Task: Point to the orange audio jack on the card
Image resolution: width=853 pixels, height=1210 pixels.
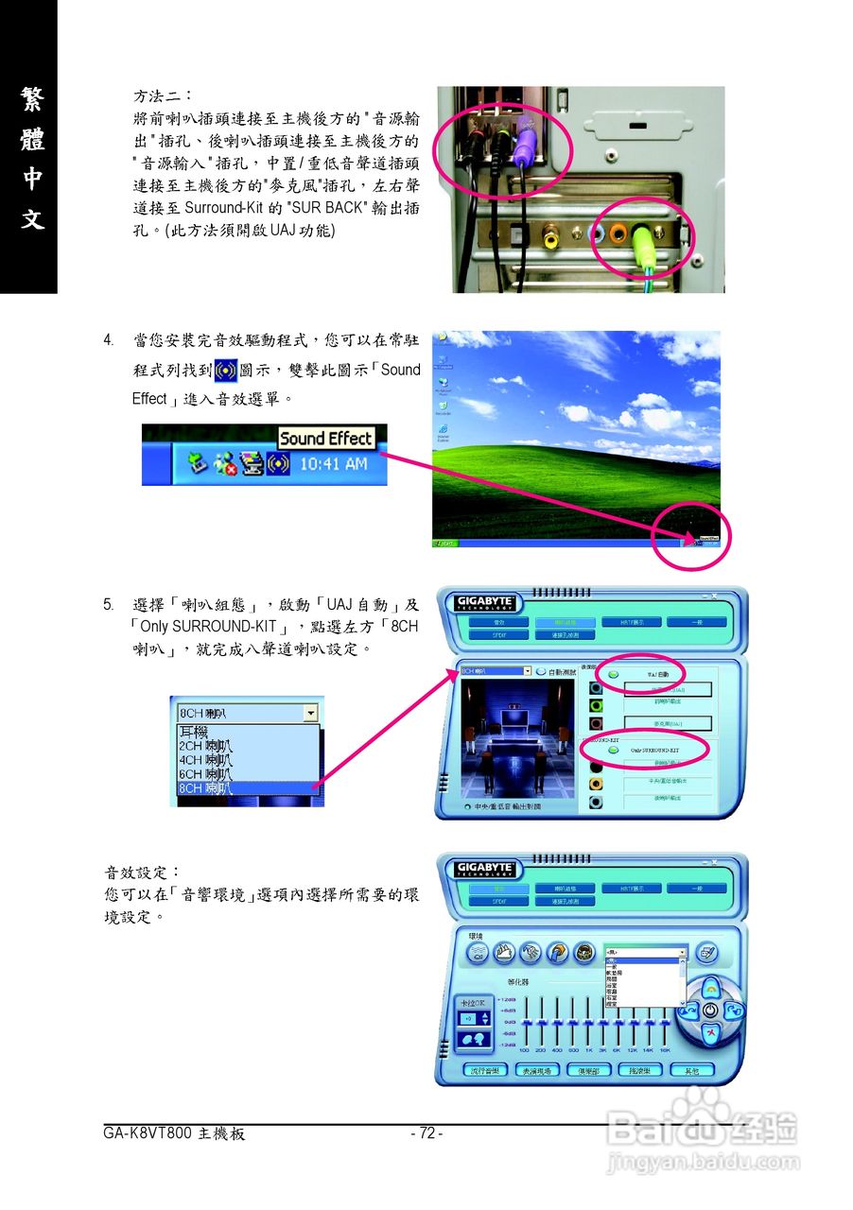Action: coord(618,234)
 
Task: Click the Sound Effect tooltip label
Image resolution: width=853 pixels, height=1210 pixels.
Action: coord(325,439)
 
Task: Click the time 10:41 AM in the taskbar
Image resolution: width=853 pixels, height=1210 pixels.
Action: coord(333,464)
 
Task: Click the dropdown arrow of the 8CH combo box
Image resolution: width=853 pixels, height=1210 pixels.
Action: coord(310,714)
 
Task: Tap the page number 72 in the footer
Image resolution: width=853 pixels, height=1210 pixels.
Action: coord(426,1133)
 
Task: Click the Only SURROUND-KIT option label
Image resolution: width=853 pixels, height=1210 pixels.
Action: coord(655,750)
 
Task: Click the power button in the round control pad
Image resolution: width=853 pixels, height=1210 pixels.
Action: coord(709,1011)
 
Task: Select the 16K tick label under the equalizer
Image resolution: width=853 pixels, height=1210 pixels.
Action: coord(665,1050)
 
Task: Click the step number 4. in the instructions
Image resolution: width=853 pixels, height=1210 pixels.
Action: coord(110,339)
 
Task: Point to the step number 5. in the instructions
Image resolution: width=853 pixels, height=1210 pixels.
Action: coord(110,604)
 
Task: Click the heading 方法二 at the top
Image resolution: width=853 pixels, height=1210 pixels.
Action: coord(162,96)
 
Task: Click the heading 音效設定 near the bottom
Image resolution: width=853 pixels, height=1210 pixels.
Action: coord(141,872)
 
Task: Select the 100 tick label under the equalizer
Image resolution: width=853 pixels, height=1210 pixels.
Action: coord(524,1050)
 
